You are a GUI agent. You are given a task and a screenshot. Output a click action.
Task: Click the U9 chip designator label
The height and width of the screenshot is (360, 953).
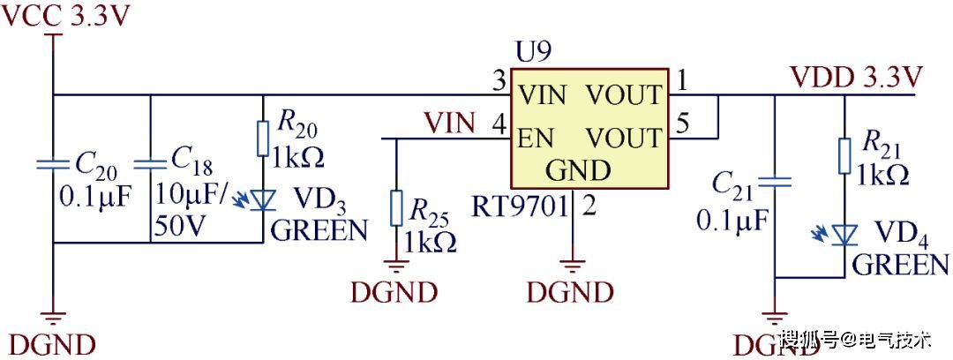click(533, 52)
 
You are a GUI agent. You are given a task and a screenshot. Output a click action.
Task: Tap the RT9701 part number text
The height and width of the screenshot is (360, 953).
click(518, 208)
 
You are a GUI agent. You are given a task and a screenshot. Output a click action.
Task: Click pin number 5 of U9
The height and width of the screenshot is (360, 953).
click(682, 124)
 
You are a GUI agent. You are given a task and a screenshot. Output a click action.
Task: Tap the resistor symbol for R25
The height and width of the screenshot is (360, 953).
click(396, 209)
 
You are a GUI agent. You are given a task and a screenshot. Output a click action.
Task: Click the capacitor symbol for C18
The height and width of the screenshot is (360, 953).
click(151, 164)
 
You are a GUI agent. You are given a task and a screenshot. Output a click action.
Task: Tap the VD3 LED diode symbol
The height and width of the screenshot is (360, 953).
click(262, 201)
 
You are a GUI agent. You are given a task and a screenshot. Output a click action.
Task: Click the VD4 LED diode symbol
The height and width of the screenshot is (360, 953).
click(844, 235)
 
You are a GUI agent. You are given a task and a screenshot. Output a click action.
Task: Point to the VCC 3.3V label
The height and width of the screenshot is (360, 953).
click(66, 17)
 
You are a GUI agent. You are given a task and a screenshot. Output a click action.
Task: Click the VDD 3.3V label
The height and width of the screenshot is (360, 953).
click(856, 77)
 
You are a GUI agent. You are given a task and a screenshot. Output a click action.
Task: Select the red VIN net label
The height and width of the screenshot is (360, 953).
click(449, 122)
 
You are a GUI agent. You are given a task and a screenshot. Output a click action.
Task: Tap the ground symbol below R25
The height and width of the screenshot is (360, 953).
click(396, 264)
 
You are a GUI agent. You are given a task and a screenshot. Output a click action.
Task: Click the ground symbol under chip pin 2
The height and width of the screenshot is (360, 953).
click(574, 264)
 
